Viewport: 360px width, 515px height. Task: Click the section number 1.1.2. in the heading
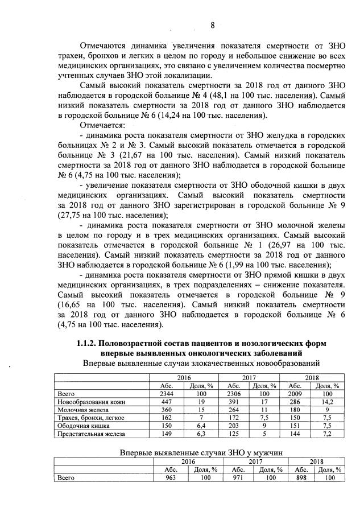(93, 344)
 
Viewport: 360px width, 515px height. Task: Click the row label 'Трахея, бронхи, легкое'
(92, 418)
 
